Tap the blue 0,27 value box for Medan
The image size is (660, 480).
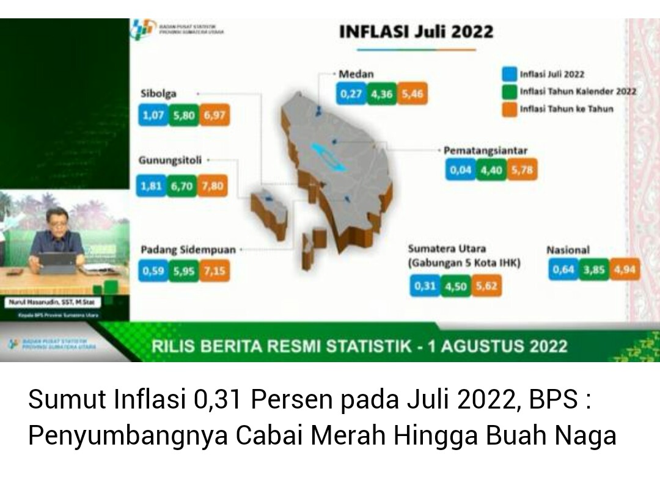coord(351,95)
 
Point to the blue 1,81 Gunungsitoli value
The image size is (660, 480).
coord(151,186)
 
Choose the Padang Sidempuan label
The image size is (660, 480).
coord(188,250)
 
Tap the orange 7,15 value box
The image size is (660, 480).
coord(214,271)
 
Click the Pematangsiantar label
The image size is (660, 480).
coord(485,150)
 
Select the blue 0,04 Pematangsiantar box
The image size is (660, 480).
coord(461,170)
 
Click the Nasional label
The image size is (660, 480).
coord(568,250)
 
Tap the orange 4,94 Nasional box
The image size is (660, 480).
coord(625,269)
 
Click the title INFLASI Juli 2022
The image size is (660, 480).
coord(416,32)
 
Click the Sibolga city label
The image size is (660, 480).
coord(158,93)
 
